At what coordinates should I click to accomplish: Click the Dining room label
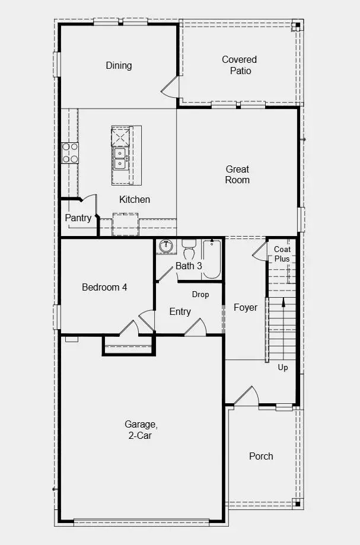coord(119,65)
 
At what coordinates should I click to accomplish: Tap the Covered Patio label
coord(240,65)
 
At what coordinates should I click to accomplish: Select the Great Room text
coord(237,174)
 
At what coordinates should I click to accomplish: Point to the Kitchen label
coord(135,199)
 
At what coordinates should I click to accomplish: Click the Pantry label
coord(78,218)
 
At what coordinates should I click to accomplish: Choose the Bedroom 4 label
coord(104,287)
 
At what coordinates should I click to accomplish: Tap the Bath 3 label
coord(189,266)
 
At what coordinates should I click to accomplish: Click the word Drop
coord(200,294)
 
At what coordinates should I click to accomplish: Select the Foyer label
coord(246,307)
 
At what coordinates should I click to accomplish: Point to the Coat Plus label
coord(282,254)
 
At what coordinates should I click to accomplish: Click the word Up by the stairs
coord(283,367)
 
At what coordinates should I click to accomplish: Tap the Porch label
coord(261,456)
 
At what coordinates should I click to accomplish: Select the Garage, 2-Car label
coord(141,429)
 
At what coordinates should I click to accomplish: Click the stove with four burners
coord(70,152)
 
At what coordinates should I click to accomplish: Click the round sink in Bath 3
coord(165,246)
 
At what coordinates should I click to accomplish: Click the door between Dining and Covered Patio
coord(170,88)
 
